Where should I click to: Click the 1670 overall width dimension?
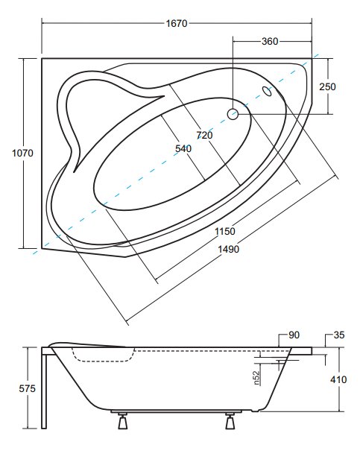tap(177, 23)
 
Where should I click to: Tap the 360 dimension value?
tap(270, 41)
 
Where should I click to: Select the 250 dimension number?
tap(327, 86)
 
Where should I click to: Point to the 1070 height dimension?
tap(22, 154)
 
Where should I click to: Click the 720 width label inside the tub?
tap(204, 135)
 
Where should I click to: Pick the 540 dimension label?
tap(183, 149)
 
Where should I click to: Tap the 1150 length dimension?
tap(225, 231)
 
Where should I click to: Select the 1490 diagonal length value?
tap(228, 249)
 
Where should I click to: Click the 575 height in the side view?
tap(27, 389)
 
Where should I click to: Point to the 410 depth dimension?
tap(338, 379)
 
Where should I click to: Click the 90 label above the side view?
tap(294, 335)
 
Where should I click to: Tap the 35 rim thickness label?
tap(339, 335)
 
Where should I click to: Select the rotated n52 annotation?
tap(256, 378)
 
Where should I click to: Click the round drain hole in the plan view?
tap(233, 114)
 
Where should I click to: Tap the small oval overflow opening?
tap(267, 91)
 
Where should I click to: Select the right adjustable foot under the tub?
tap(230, 420)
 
